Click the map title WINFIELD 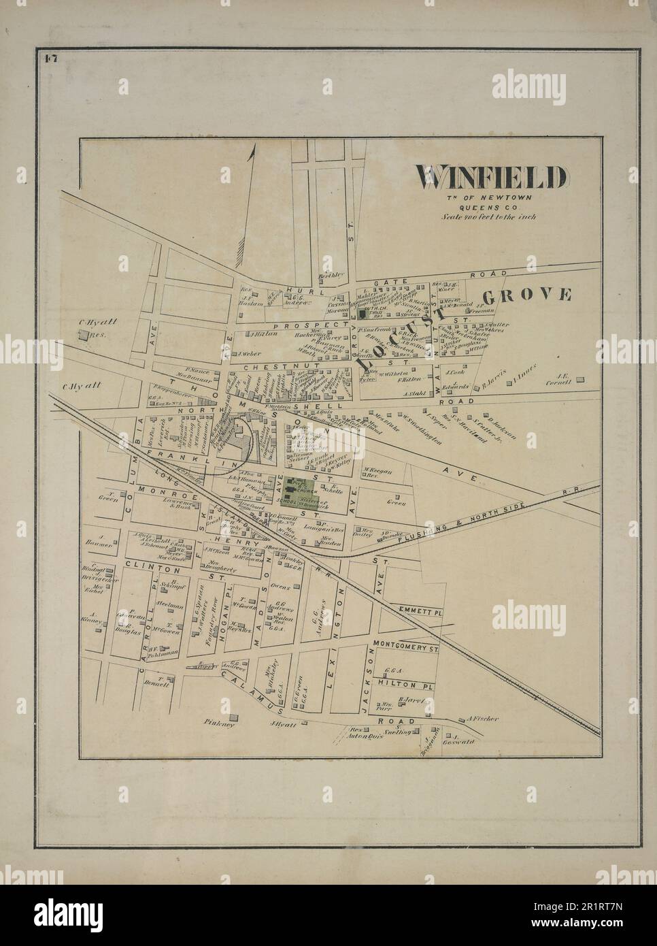[x=492, y=178]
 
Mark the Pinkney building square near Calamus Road [x=233, y=717]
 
